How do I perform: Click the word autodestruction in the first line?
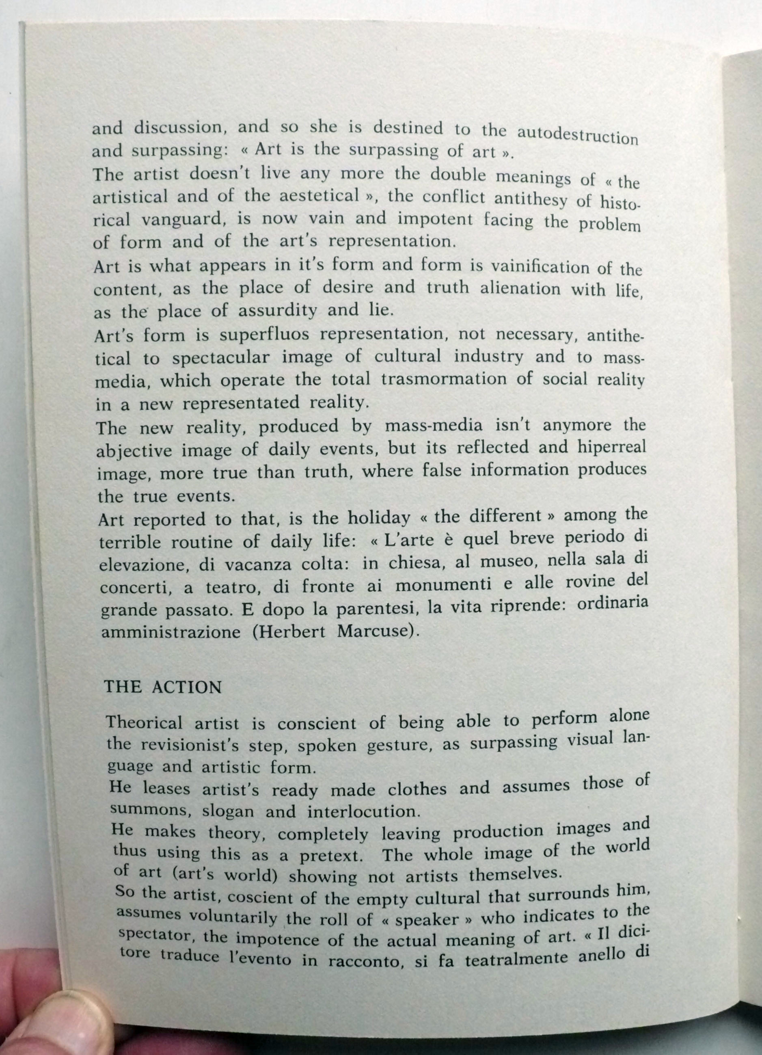tap(577, 135)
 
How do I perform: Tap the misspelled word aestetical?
tap(318, 195)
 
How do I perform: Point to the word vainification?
tap(553, 268)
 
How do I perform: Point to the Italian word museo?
tap(508, 563)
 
